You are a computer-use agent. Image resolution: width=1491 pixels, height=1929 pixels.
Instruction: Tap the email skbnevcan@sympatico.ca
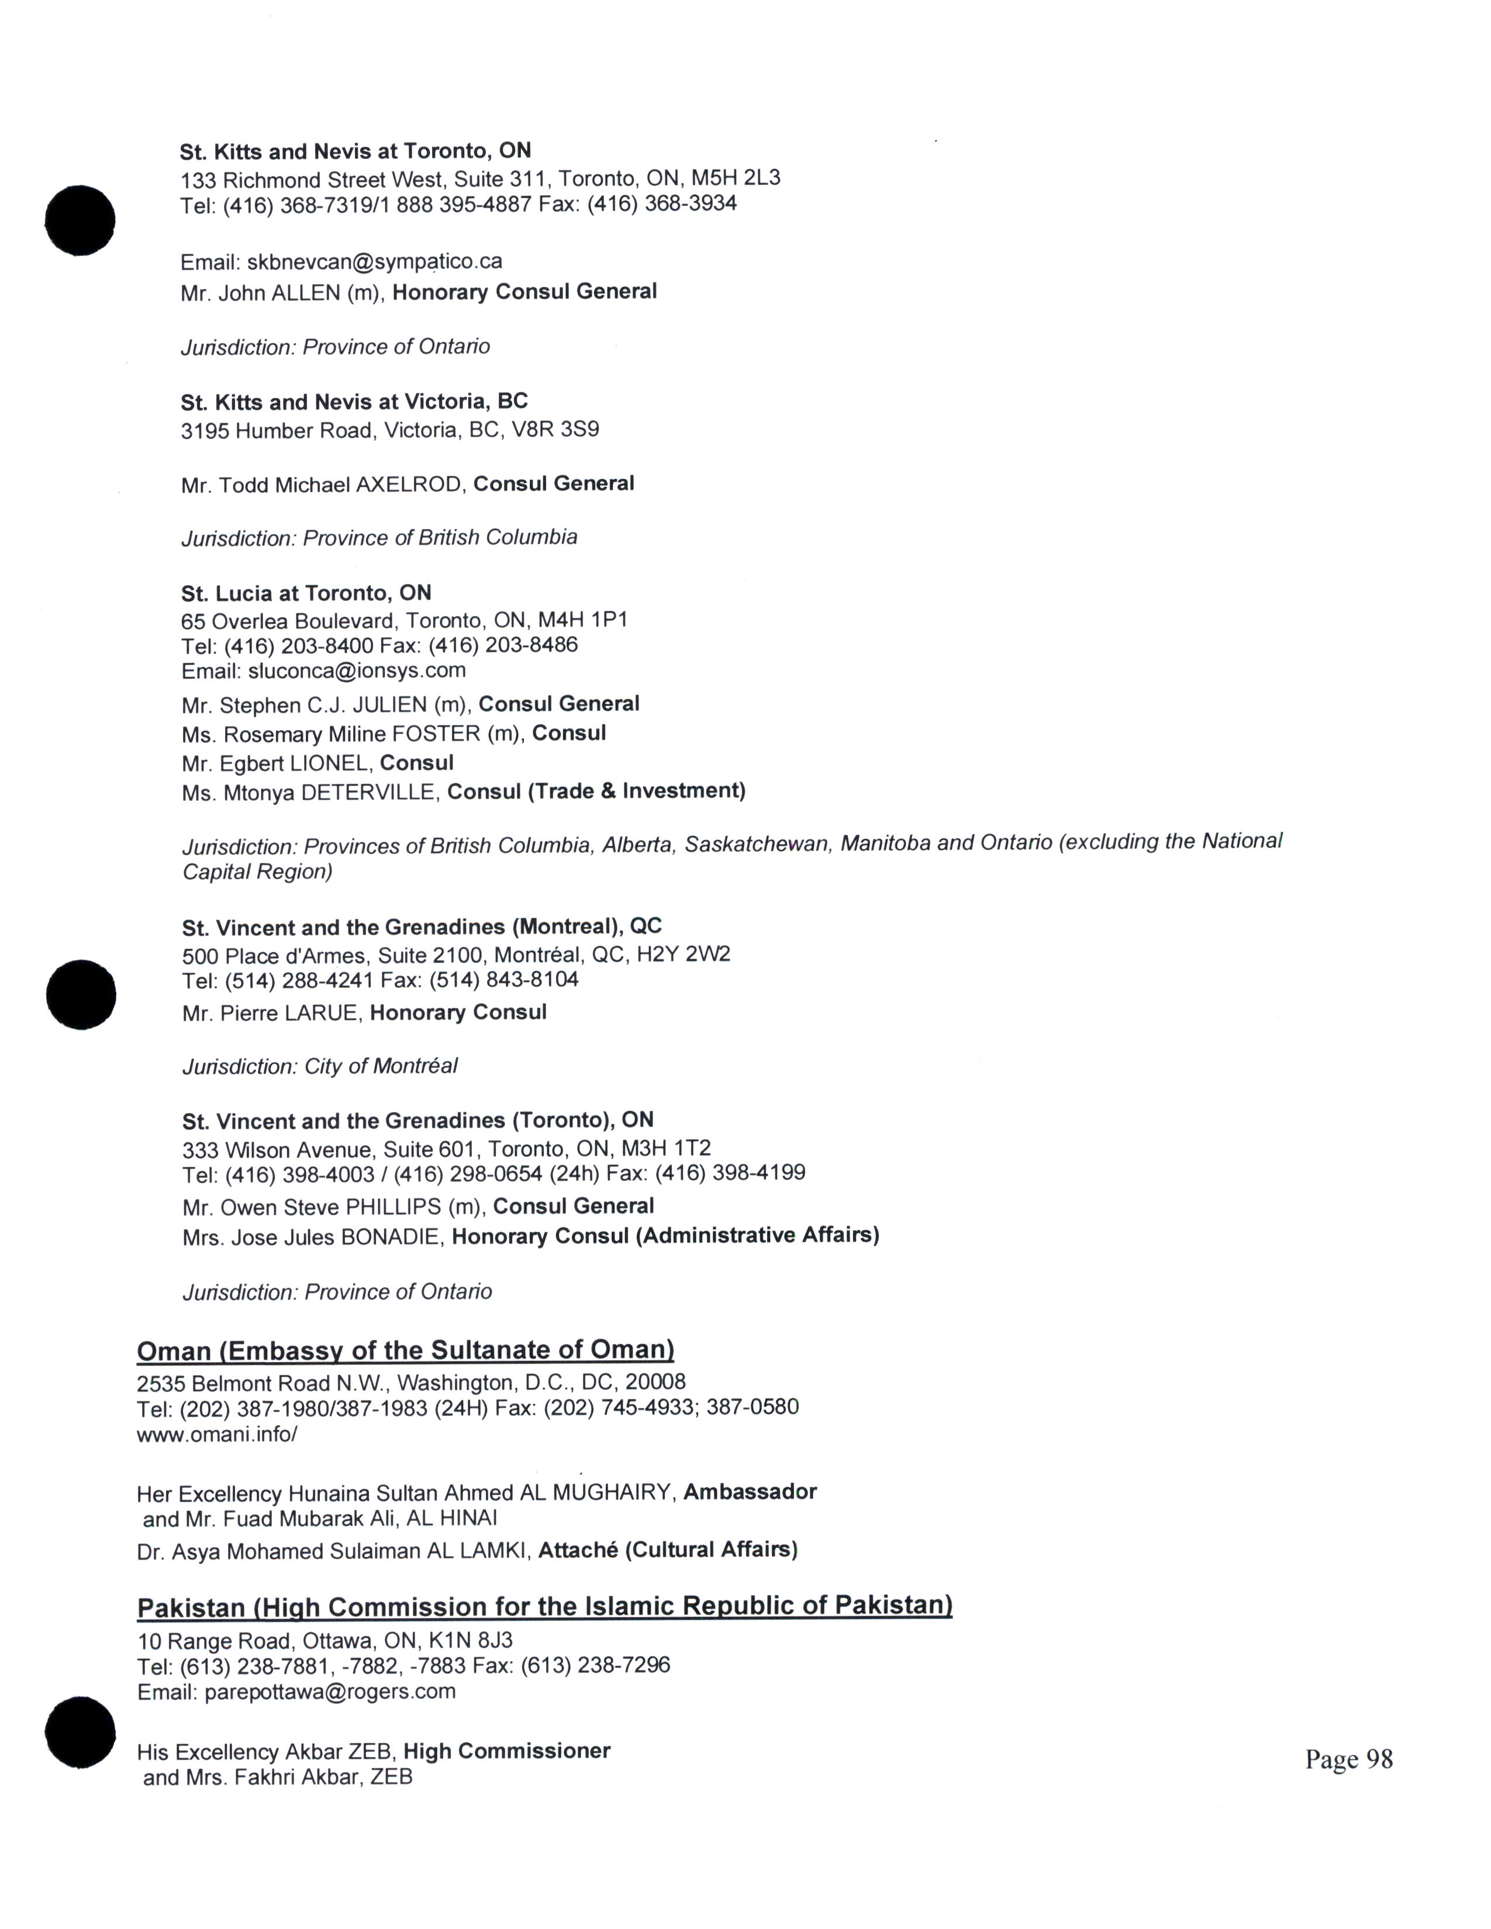(x=375, y=262)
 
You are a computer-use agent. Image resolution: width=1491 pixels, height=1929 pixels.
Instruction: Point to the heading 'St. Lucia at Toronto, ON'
(x=306, y=593)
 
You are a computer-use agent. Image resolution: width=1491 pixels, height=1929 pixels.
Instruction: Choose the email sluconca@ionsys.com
(x=356, y=670)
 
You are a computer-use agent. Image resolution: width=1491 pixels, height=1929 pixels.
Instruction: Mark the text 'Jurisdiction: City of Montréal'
(x=320, y=1066)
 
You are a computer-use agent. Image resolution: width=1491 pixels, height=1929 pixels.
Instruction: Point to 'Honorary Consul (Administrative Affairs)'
(x=665, y=1236)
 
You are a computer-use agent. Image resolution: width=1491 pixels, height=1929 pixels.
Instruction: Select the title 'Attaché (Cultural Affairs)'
(x=668, y=1550)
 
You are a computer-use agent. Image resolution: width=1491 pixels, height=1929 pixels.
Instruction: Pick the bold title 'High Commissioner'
(x=507, y=1751)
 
